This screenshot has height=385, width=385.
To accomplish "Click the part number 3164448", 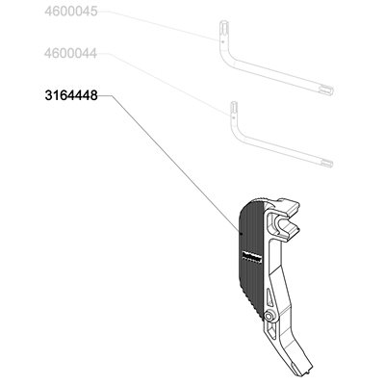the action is coord(71,95).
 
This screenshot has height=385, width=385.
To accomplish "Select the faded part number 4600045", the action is coord(71,12).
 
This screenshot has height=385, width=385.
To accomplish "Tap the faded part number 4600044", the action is coord(71,53).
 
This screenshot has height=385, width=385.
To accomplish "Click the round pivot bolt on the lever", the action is coord(268,317).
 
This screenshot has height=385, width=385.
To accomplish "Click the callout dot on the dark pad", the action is coord(240,232).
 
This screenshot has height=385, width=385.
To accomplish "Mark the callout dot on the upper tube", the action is coord(222,41).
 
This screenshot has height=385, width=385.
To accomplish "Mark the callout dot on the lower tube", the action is coord(234,117).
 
